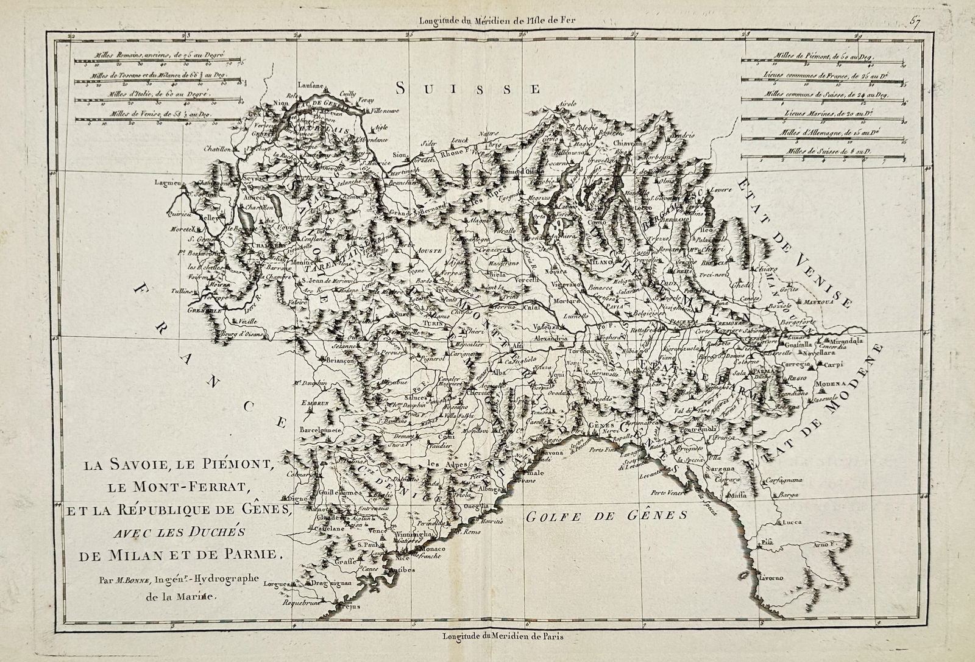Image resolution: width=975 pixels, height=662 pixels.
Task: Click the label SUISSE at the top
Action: click(468, 89)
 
